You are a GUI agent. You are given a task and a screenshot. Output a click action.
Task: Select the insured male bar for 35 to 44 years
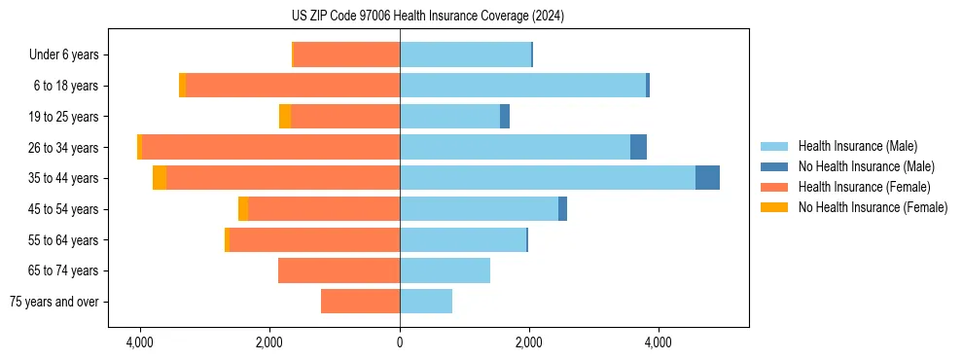547,178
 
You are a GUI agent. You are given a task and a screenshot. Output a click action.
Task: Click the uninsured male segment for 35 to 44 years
707,178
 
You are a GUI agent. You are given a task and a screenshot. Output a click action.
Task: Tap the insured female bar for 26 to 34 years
270,147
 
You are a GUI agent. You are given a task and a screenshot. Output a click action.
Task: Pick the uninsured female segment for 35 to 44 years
160,178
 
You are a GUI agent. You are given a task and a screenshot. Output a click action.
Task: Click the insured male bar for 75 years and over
425,302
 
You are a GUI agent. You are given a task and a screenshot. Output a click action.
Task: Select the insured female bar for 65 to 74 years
339,270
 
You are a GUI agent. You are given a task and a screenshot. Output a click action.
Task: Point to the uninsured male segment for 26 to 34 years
638,147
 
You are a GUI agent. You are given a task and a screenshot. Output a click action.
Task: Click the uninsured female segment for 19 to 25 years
285,117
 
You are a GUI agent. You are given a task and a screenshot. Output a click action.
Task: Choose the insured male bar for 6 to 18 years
522,86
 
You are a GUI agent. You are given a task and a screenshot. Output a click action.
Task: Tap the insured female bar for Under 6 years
346,54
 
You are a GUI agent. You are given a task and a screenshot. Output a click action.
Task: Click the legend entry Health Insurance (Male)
857,146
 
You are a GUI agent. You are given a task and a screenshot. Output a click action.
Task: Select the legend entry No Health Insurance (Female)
873,207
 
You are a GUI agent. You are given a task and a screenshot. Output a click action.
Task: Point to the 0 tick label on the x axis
400,343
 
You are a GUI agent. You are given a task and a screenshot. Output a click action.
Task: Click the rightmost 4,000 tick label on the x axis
659,343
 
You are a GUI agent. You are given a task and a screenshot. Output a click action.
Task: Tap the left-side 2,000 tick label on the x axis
269,343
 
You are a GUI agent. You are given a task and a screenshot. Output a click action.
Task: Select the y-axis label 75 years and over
54,302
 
